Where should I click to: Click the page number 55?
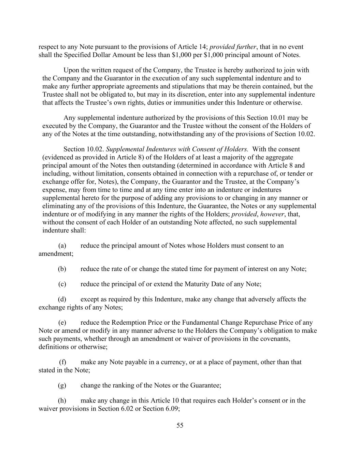coord(180,425)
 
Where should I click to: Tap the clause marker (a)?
coord(62,245)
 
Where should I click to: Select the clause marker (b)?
coord(62,269)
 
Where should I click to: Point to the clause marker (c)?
coord(62,284)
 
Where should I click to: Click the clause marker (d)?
coord(62,299)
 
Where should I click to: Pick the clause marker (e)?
coord(62,323)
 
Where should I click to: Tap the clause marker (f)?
coord(62,362)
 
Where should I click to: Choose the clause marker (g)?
coord(62,385)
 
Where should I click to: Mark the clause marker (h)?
coord(62,400)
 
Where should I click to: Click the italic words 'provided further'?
coord(232,47)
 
